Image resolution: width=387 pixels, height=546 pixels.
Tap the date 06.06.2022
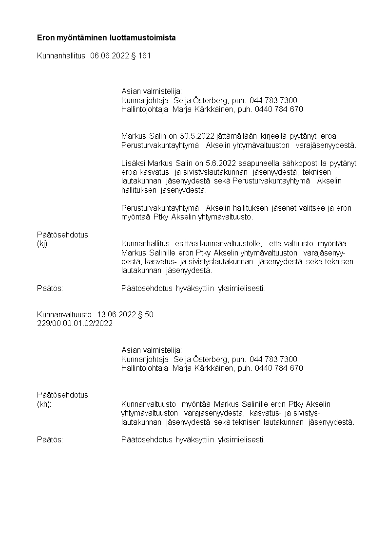click(x=110, y=56)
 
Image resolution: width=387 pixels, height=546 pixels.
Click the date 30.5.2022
click(x=195, y=136)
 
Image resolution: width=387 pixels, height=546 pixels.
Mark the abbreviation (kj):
click(x=43, y=244)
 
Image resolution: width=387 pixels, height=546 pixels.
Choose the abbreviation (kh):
click(x=44, y=404)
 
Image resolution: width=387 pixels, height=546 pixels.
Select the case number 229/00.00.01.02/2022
click(x=75, y=324)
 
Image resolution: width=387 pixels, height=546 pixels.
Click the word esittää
click(x=185, y=244)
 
